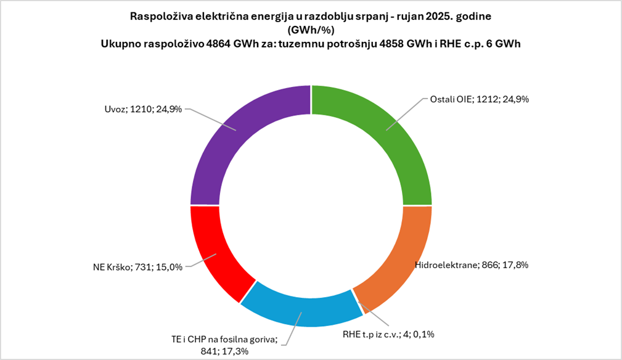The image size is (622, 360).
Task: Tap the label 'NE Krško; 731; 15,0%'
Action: pos(136,268)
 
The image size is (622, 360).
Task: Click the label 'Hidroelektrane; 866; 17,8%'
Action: pos(472,265)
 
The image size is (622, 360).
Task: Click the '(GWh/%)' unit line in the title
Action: pos(311,30)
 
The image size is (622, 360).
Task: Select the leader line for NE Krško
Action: pos(200,261)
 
